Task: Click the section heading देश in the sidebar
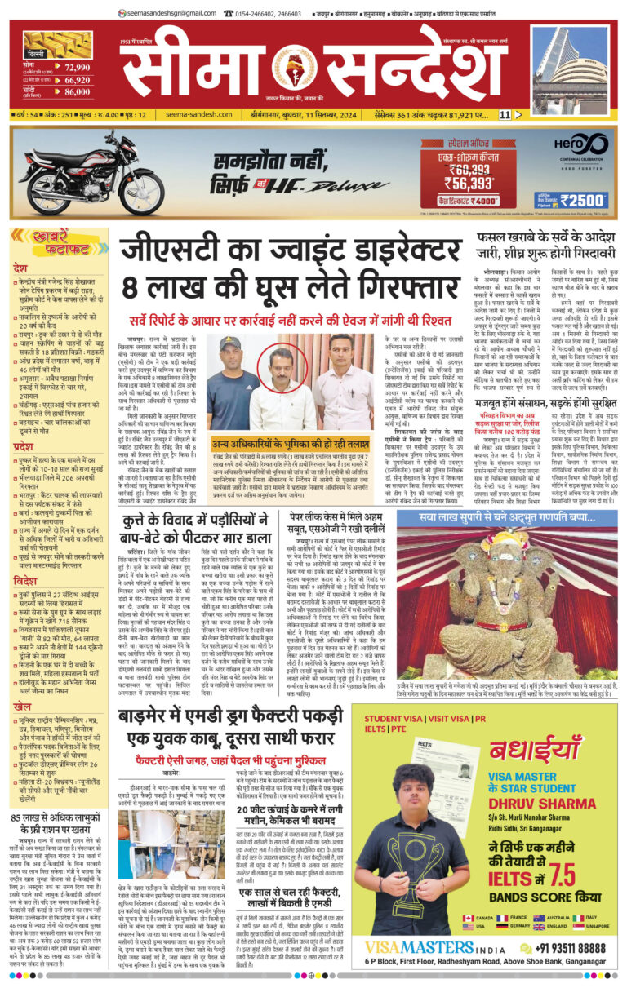pyautogui.click(x=20, y=267)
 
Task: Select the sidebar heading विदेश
pyautogui.click(x=25, y=559)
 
